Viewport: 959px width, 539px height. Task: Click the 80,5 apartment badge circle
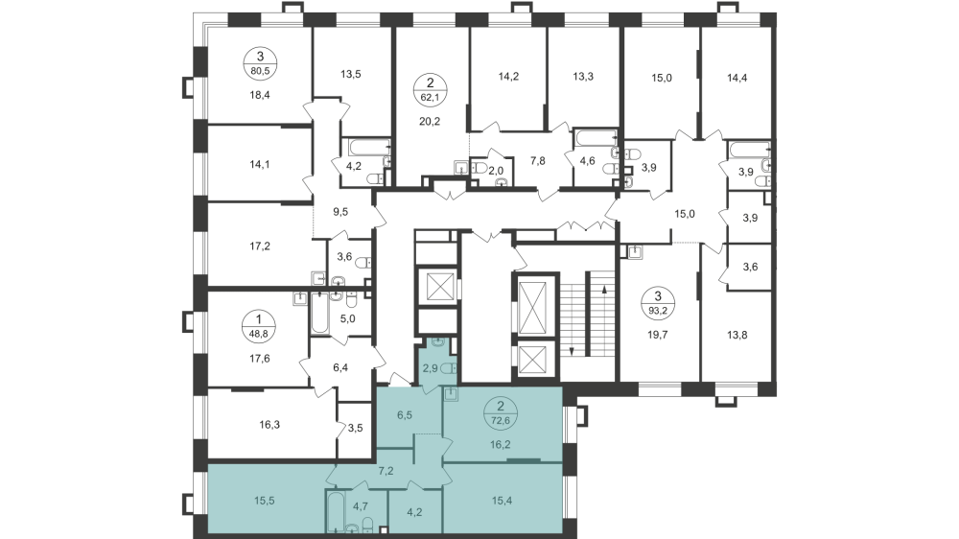click(x=257, y=62)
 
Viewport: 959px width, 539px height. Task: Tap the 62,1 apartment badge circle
click(x=430, y=89)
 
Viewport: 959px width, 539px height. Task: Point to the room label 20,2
click(x=430, y=122)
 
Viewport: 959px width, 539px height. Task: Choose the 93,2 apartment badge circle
click(x=658, y=304)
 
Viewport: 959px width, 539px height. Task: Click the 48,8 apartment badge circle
click(x=257, y=326)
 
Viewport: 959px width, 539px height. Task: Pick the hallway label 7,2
click(x=386, y=471)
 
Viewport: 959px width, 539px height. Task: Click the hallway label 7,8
click(x=539, y=161)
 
